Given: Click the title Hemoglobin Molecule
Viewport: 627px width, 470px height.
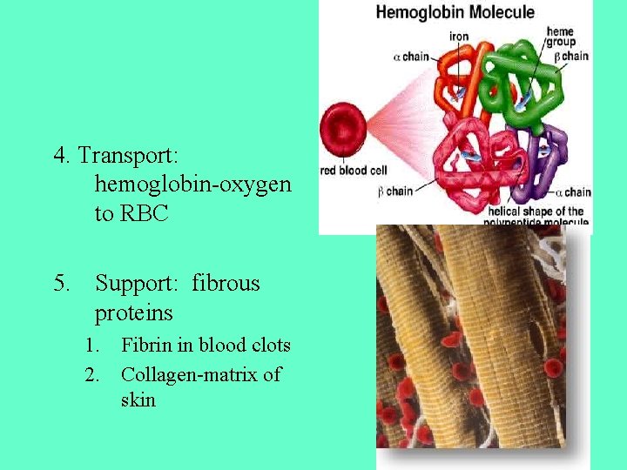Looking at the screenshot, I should click(x=455, y=12).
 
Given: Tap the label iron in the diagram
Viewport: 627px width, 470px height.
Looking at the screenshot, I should click(x=459, y=37).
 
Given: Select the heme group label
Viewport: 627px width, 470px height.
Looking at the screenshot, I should click(x=560, y=37).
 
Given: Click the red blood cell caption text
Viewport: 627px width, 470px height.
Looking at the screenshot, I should click(x=353, y=171).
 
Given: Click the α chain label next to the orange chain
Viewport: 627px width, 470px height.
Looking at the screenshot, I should click(x=412, y=57).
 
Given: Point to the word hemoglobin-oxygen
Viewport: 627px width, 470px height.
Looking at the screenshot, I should click(x=193, y=185).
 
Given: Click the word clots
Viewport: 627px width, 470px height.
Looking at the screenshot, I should click(x=267, y=345).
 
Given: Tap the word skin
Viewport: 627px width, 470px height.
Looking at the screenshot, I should click(x=138, y=400).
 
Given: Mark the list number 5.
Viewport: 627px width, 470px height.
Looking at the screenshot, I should click(x=60, y=284).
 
